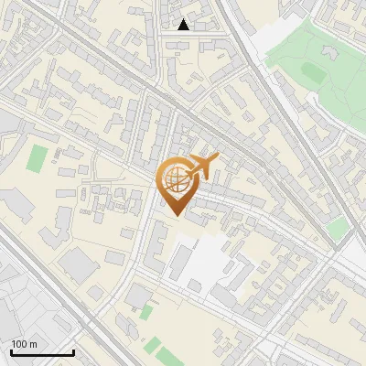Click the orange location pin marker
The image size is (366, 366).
(x=177, y=186)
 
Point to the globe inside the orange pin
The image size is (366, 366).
(x=176, y=179)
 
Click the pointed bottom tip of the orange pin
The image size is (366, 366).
(x=177, y=214)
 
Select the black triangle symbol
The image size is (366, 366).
(x=184, y=25)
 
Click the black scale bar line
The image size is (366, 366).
(x=42, y=352)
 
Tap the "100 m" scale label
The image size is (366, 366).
(x=24, y=344)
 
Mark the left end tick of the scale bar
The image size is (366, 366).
(x=11, y=350)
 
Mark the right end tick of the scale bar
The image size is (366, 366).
(x=73, y=350)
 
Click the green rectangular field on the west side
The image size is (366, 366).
(x=37, y=158)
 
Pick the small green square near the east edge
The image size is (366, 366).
(x=338, y=228)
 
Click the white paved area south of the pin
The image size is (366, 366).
(x=205, y=261)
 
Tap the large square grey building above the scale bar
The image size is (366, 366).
(x=80, y=266)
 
